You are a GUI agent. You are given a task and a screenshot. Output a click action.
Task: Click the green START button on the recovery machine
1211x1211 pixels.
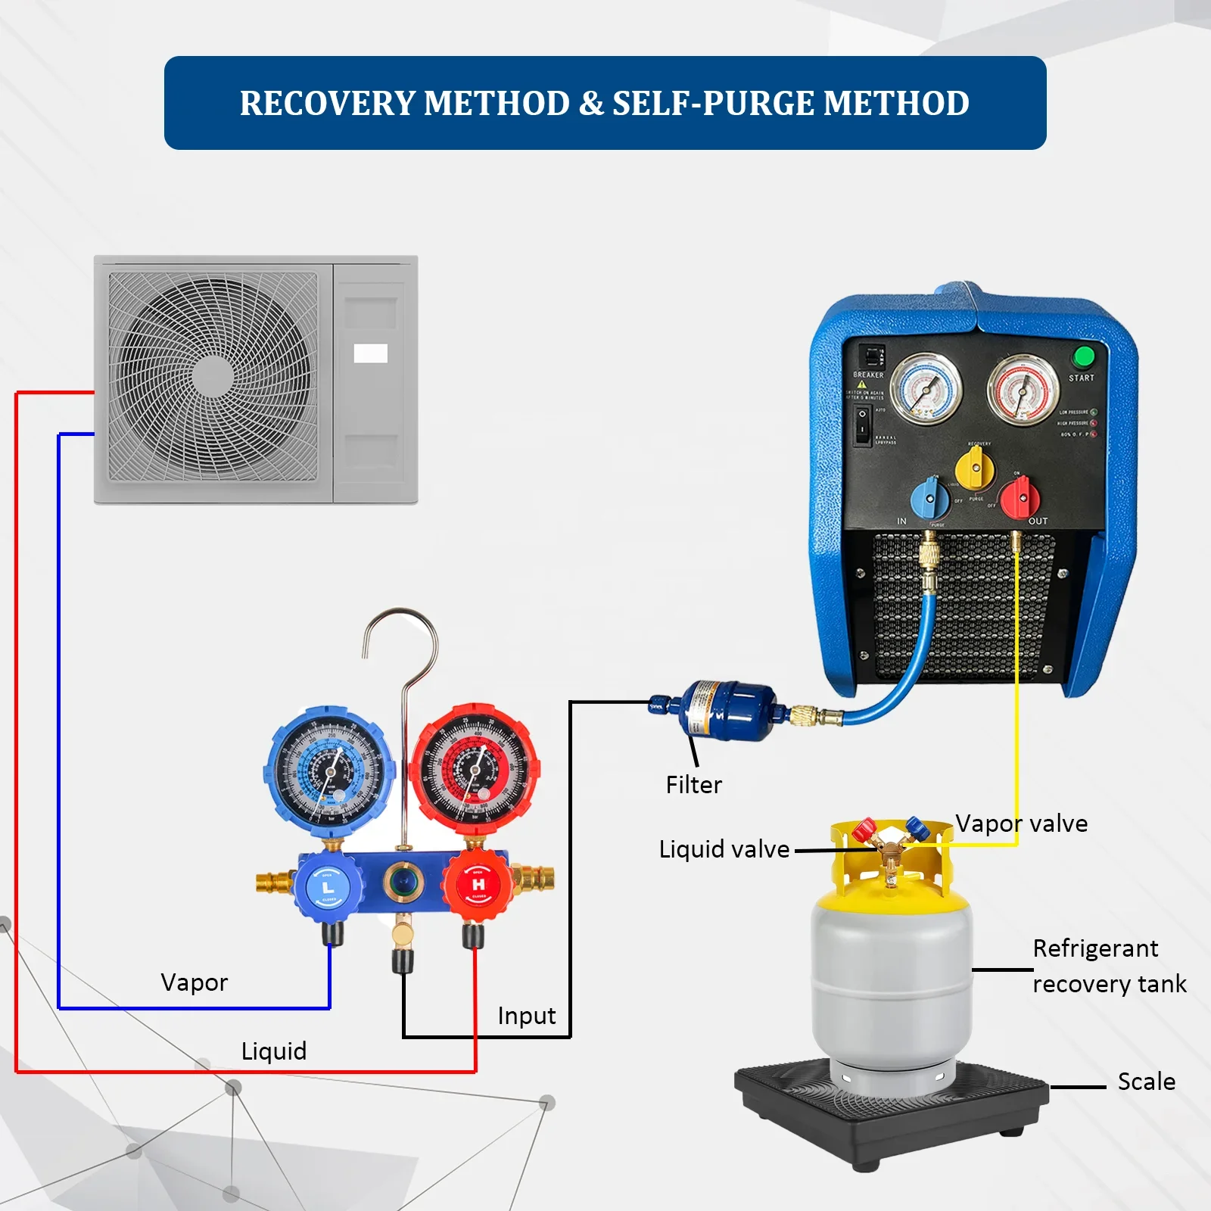click(1084, 356)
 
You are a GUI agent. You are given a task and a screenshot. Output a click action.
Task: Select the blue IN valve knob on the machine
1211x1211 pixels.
click(930, 498)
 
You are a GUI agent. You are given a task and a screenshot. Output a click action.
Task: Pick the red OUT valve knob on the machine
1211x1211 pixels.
click(1020, 498)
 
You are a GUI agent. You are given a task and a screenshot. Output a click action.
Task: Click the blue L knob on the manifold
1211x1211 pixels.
click(328, 886)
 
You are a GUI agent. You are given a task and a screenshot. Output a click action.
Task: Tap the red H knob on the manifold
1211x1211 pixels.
click(478, 884)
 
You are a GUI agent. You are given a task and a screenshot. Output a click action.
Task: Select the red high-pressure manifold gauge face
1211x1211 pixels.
click(475, 770)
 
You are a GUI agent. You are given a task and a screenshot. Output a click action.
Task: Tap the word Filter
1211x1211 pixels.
click(693, 785)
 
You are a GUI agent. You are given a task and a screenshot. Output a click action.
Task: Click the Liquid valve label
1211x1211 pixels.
click(724, 849)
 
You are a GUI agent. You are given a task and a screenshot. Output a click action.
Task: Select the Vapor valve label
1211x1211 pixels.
click(1021, 823)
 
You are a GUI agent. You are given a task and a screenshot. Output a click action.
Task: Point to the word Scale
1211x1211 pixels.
click(1146, 1082)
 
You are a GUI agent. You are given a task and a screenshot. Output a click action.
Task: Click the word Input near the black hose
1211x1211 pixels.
click(526, 1016)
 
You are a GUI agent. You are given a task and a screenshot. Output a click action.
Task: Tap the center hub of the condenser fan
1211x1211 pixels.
click(213, 375)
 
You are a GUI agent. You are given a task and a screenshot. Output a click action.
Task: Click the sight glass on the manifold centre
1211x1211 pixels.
click(403, 883)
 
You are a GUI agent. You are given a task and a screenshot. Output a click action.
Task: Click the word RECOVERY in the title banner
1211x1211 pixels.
click(328, 104)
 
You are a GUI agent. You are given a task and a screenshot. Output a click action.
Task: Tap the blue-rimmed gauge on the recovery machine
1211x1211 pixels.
click(926, 389)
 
